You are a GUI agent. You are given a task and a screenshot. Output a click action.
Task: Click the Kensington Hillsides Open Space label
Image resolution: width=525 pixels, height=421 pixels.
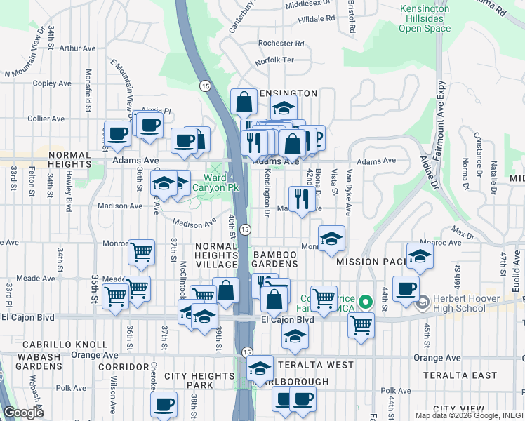pyautogui.click(x=424, y=18)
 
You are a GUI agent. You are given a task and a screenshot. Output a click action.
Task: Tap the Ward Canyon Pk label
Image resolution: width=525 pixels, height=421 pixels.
pyautogui.click(x=216, y=182)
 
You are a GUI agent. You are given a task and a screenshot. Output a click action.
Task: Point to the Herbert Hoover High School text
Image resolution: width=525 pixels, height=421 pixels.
pyautogui.click(x=465, y=304)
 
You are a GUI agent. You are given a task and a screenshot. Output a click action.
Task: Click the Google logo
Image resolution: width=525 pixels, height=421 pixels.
pyautogui.click(x=23, y=413)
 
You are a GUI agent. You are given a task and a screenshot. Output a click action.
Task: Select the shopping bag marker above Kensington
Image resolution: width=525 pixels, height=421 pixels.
pyautogui.click(x=243, y=102)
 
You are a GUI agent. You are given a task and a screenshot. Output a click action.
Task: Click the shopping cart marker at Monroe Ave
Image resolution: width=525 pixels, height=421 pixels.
pyautogui.click(x=141, y=252)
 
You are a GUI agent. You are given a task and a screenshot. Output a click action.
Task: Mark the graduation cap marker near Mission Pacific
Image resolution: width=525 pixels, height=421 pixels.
pyautogui.click(x=420, y=256)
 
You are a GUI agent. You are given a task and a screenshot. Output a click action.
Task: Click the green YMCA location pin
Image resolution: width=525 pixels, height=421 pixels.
pyautogui.click(x=365, y=302)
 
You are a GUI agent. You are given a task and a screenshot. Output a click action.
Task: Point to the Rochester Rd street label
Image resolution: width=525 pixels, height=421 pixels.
pyautogui.click(x=281, y=43)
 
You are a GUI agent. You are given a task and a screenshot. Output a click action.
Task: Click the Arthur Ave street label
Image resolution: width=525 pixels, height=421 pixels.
pyautogui.click(x=77, y=48)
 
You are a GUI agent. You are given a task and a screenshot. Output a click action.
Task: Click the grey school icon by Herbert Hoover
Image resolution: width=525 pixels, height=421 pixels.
pyautogui.click(x=422, y=304)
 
